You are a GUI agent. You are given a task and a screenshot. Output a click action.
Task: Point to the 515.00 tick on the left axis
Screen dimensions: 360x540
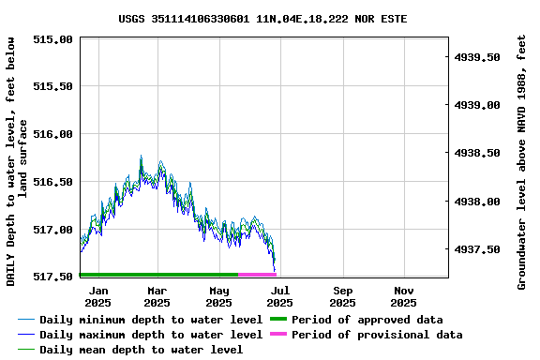(52, 39)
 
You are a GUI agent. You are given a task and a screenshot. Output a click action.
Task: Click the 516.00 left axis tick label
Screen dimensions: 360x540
(52, 134)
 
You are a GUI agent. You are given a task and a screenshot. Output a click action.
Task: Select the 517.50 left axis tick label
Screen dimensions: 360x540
(52, 277)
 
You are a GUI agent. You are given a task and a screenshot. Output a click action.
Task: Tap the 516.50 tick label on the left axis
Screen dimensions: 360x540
(52, 182)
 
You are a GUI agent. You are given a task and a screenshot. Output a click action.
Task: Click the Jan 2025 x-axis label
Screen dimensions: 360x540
(97, 296)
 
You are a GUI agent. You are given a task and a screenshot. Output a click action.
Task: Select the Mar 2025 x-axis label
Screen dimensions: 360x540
(158, 296)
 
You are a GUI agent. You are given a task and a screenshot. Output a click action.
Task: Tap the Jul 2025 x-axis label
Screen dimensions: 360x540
(280, 296)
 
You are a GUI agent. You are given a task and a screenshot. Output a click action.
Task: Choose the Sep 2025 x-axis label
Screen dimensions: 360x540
(342, 296)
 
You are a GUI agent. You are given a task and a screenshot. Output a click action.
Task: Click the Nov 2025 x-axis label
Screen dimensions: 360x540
(403, 296)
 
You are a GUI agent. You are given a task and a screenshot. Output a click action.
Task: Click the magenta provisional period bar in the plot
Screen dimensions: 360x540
(257, 275)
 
